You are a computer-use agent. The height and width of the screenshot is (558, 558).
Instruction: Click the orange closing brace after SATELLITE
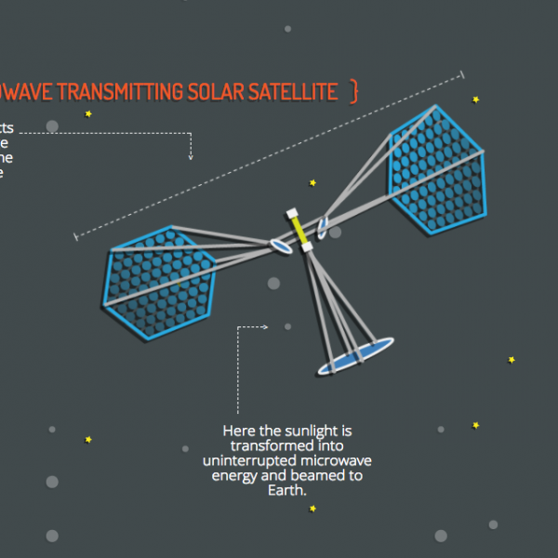pos(353,91)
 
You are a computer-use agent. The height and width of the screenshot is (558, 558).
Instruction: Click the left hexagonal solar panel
pos(158,280)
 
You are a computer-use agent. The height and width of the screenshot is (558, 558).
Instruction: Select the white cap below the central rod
pos(305,246)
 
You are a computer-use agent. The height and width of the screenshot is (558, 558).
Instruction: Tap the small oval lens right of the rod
pos(323,226)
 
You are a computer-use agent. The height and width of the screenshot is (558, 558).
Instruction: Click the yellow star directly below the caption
pos(312,509)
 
